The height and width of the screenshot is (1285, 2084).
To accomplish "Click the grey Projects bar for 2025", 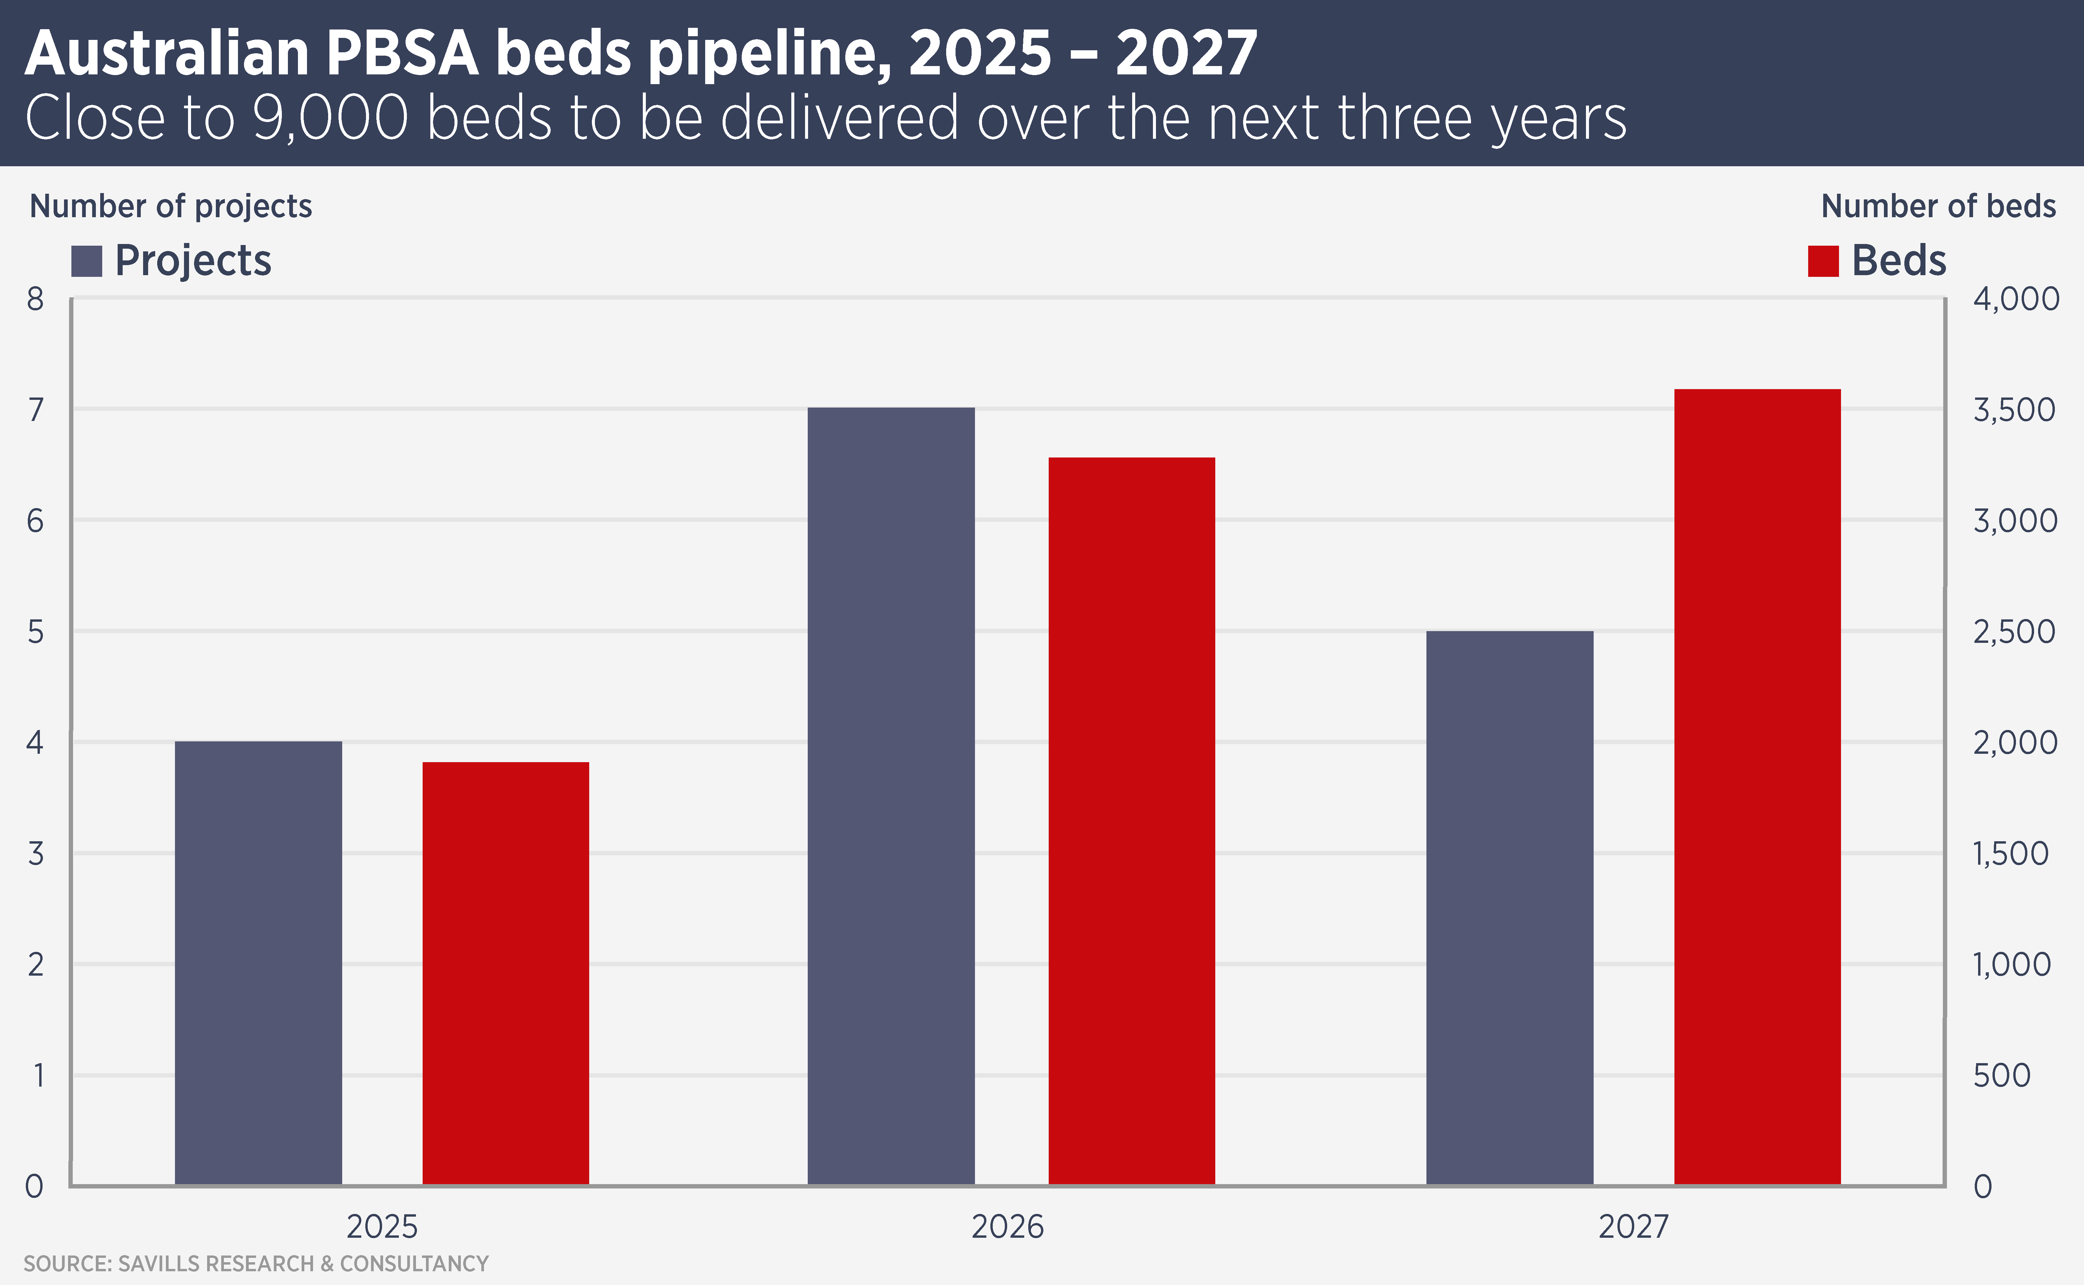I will pyautogui.click(x=258, y=963).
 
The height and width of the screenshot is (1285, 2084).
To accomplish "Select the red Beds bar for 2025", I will pyautogui.click(x=506, y=973).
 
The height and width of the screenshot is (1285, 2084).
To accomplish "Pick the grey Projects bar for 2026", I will pyautogui.click(x=891, y=796).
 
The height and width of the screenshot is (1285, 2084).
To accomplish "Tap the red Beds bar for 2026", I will pyautogui.click(x=1131, y=821).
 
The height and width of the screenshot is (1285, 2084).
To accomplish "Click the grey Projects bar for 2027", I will pyautogui.click(x=1510, y=908).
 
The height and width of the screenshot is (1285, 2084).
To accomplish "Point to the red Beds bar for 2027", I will pyautogui.click(x=1757, y=787).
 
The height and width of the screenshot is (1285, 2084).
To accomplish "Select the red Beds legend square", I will pyautogui.click(x=1823, y=261).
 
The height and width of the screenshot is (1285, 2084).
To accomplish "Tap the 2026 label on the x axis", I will pyautogui.click(x=1007, y=1226).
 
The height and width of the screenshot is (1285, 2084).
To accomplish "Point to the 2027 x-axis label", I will pyautogui.click(x=1634, y=1226).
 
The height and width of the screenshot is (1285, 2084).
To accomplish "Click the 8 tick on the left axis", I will pyautogui.click(x=35, y=299).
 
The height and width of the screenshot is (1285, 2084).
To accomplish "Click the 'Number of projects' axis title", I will pyautogui.click(x=171, y=206).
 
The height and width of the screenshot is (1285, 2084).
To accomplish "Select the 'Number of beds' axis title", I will pyautogui.click(x=1938, y=206).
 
